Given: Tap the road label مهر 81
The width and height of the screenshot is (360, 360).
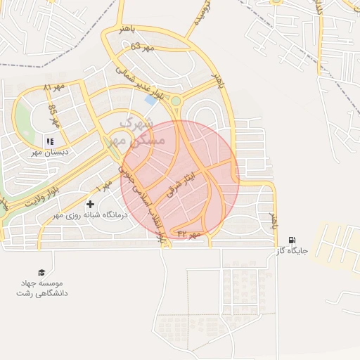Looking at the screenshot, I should click(x=53, y=87).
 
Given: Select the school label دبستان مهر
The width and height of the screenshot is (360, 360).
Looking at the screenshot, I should click(x=47, y=151).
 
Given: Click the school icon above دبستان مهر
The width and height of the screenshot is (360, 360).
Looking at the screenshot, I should click(x=49, y=141).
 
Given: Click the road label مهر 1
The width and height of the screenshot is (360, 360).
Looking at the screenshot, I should click(x=105, y=186).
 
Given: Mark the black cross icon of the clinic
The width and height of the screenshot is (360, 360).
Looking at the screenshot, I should click(x=90, y=204).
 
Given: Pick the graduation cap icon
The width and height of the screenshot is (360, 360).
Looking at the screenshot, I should click(x=41, y=271).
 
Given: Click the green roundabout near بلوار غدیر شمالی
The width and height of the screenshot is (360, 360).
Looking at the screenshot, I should click(x=175, y=101).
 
